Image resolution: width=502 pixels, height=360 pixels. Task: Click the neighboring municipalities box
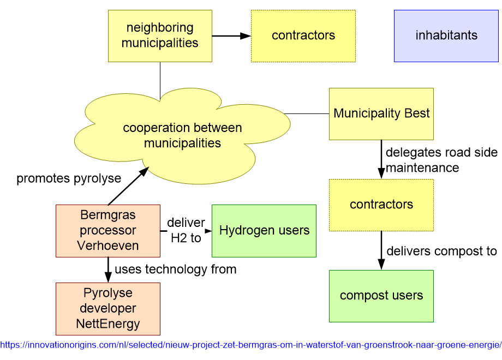pyautogui.click(x=160, y=35)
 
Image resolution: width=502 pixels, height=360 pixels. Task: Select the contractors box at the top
pyautogui.click(x=303, y=35)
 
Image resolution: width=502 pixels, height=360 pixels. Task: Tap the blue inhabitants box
pyautogui.click(x=446, y=35)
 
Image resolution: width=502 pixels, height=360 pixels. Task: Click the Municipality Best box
pyautogui.click(x=381, y=113)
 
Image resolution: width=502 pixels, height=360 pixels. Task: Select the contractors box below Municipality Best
pyautogui.click(x=381, y=205)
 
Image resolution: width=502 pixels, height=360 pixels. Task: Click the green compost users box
pyautogui.click(x=381, y=296)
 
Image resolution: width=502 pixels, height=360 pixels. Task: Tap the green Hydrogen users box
pyautogui.click(x=264, y=230)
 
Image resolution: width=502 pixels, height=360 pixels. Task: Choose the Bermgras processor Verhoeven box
pyautogui.click(x=108, y=230)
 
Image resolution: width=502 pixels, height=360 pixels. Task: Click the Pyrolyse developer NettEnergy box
pyautogui.click(x=108, y=308)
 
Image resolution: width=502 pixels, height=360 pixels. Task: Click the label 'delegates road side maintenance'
pyautogui.click(x=441, y=160)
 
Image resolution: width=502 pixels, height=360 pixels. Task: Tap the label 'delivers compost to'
pyautogui.click(x=441, y=251)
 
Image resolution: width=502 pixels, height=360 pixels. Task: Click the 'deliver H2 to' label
pyautogui.click(x=186, y=230)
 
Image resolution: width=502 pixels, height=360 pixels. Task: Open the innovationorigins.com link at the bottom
pyautogui.click(x=250, y=345)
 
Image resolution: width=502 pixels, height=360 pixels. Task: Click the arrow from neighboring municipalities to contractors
pyautogui.click(x=231, y=36)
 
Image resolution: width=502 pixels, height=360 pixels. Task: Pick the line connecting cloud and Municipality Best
pyautogui.click(x=307, y=114)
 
